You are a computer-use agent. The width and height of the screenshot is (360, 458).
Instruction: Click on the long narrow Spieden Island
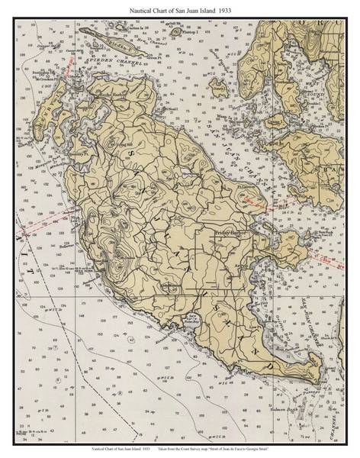(114, 44)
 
